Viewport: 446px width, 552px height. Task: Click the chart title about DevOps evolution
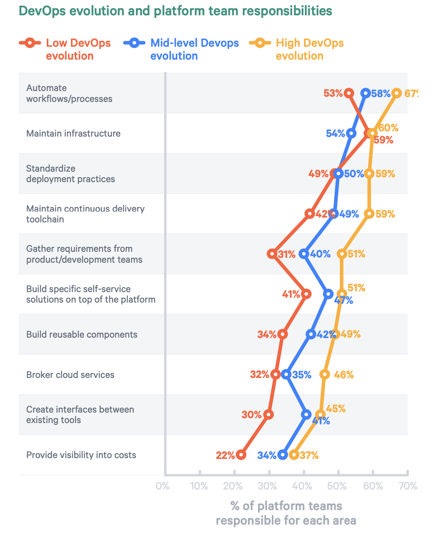(175, 11)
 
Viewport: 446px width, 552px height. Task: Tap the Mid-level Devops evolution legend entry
(181, 49)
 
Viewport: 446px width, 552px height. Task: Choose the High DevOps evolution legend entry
(297, 49)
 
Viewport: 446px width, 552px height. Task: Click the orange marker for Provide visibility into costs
(241, 455)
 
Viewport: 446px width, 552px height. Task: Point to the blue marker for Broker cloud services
(286, 374)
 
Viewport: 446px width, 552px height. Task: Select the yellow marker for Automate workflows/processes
(397, 93)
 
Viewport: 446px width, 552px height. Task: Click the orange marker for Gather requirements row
(272, 254)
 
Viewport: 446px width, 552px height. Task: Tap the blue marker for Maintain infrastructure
(351, 133)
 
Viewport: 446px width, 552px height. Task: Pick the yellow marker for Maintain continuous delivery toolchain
(369, 214)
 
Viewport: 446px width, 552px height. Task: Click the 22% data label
(225, 455)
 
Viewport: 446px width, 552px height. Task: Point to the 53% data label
(333, 93)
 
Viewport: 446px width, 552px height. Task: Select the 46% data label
(344, 375)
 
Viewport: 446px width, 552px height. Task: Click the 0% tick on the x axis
(163, 486)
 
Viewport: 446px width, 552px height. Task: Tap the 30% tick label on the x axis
(267, 486)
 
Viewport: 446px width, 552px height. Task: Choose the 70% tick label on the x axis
(408, 486)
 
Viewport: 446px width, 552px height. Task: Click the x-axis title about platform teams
(286, 513)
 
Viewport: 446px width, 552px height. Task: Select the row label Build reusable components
(82, 334)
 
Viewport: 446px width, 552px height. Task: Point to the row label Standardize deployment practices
(71, 174)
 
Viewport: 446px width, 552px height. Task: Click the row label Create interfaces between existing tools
(80, 415)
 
